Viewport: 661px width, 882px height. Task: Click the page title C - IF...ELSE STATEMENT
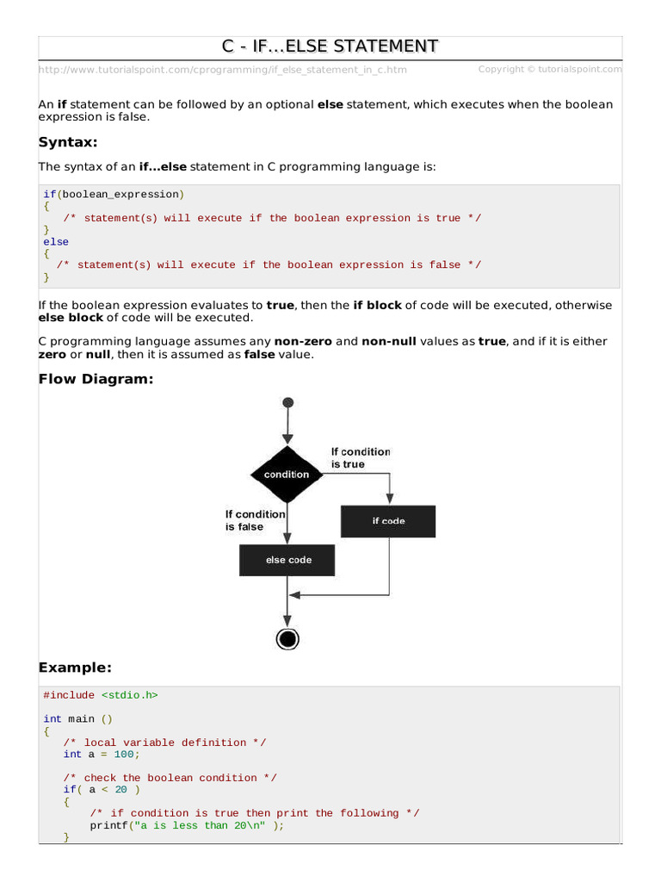click(330, 46)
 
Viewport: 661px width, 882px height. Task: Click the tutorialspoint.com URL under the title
click(223, 70)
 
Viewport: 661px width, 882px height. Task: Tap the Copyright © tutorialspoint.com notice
click(550, 69)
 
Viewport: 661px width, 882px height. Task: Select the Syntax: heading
click(68, 142)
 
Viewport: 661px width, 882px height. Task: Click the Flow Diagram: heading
click(96, 379)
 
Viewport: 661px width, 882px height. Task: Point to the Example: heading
click(75, 668)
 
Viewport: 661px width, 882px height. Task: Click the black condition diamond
click(287, 475)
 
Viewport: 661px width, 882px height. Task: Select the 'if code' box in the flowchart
click(388, 521)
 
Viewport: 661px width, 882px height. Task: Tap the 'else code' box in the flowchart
click(287, 560)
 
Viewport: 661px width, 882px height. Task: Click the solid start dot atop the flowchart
click(287, 402)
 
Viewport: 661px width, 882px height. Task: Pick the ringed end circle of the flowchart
click(287, 638)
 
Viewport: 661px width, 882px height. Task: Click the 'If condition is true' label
click(361, 457)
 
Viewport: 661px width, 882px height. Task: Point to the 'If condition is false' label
click(255, 520)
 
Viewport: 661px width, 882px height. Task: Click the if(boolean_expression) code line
click(114, 195)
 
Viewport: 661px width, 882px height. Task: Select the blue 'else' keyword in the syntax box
click(56, 242)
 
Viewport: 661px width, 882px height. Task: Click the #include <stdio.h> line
click(101, 695)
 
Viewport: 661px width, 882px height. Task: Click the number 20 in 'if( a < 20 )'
click(120, 789)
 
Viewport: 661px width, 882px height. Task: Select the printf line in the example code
click(186, 824)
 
